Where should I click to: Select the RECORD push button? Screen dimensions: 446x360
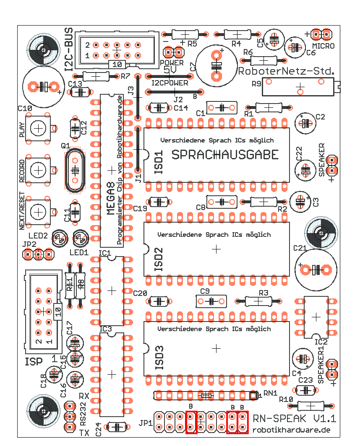[x=39, y=170]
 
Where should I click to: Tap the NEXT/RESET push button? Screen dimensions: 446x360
[x=39, y=212]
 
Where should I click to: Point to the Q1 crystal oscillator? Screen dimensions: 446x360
[x=75, y=171]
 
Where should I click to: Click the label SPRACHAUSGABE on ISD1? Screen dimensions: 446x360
[x=225, y=155]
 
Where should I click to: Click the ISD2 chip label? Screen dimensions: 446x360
[x=158, y=260]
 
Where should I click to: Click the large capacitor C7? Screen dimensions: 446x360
[x=216, y=65]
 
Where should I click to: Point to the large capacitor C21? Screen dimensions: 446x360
[x=316, y=269]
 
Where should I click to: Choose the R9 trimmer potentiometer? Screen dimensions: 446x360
[x=300, y=86]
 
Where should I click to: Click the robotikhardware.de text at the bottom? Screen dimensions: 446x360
[x=291, y=430]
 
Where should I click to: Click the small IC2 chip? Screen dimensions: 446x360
[x=316, y=317]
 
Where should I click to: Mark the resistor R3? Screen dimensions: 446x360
[x=258, y=301]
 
